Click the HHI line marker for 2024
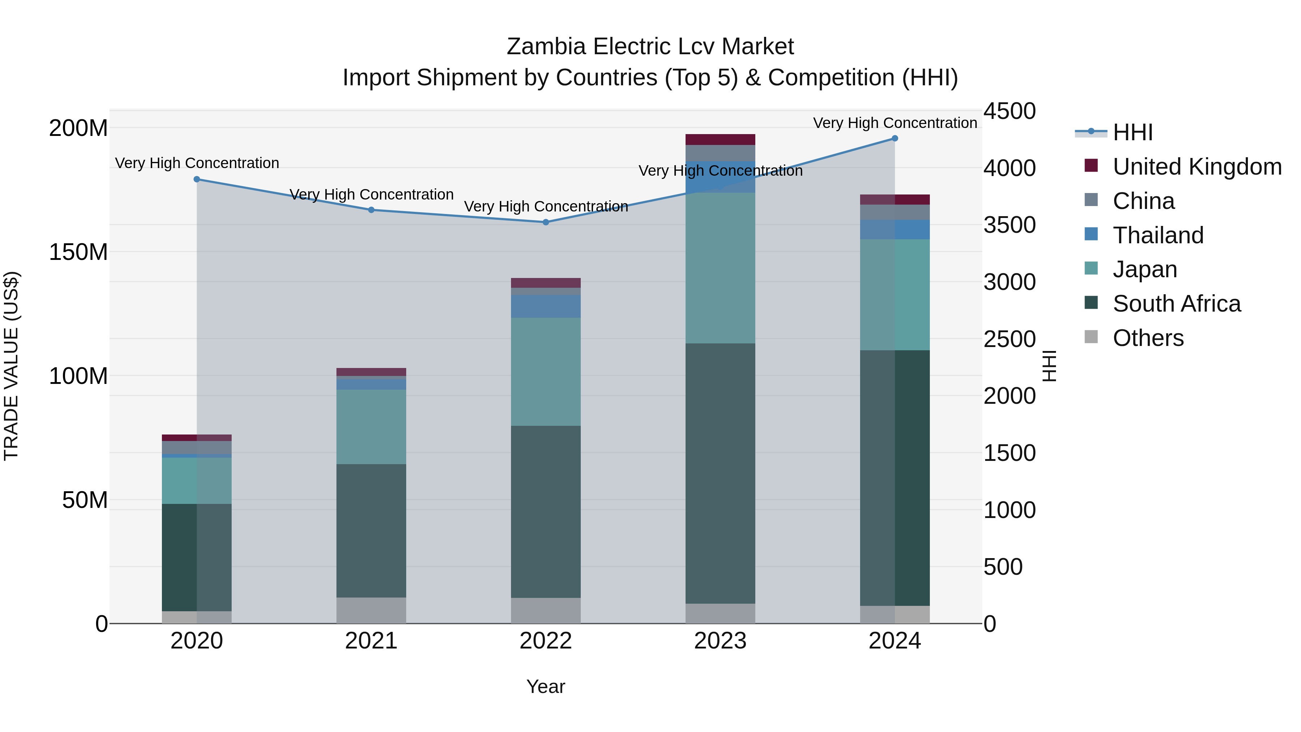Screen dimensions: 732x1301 (x=894, y=138)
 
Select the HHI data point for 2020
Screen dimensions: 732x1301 (x=197, y=179)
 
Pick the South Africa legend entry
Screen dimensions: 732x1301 (x=1176, y=304)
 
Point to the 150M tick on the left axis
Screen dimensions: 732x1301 (x=78, y=252)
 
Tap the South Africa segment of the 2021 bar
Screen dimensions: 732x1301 (x=371, y=530)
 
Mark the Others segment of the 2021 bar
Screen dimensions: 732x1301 (x=371, y=610)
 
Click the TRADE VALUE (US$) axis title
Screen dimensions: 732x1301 (x=12, y=366)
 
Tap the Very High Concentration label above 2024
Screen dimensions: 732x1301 (x=894, y=123)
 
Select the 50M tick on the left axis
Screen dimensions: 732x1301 (x=85, y=500)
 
